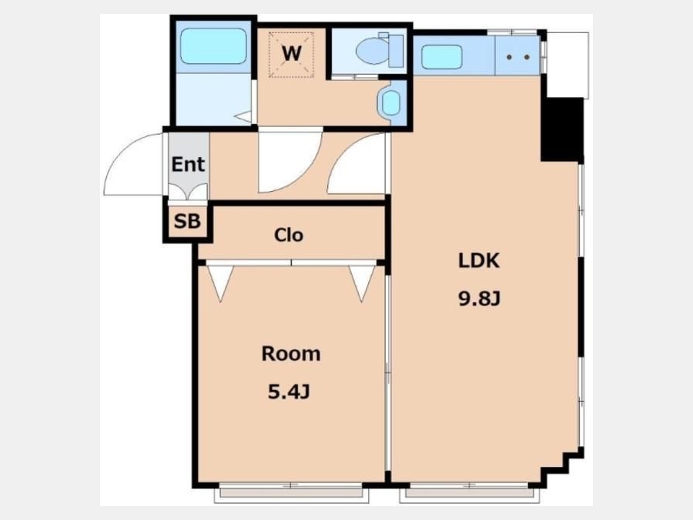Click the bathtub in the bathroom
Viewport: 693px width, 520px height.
click(213, 46)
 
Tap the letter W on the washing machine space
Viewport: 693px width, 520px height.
click(292, 54)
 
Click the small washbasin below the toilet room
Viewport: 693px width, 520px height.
click(390, 102)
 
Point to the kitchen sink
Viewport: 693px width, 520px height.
click(442, 58)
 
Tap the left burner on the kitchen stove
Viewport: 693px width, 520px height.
click(509, 57)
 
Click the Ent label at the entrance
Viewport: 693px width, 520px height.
click(188, 165)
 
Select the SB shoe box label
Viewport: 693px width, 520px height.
click(187, 221)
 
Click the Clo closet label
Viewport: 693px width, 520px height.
click(289, 235)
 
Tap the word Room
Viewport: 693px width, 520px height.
click(291, 354)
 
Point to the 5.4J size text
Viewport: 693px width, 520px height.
click(289, 392)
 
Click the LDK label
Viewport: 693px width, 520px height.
click(479, 261)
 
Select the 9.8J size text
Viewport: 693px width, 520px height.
click(479, 300)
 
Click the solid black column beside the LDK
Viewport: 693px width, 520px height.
click(563, 129)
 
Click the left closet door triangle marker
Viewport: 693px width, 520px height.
click(220, 283)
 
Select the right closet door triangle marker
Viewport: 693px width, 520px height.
click(362, 283)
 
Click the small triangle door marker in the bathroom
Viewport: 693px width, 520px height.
click(243, 117)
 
